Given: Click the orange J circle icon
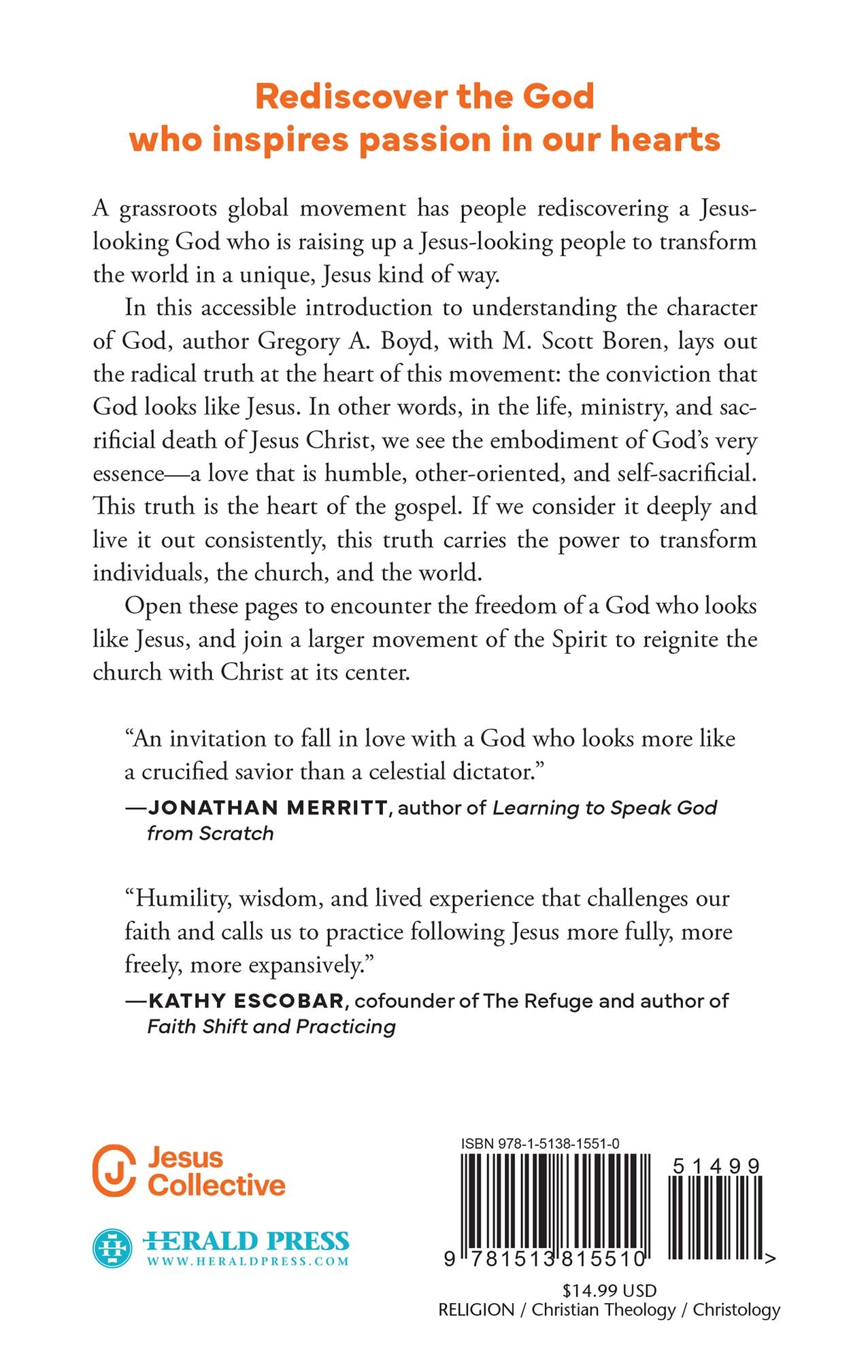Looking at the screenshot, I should click(114, 1170).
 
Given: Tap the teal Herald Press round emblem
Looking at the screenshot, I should click(112, 1248).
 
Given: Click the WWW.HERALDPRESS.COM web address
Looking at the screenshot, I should click(248, 1261).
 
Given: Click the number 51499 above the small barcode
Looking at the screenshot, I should click(716, 1166).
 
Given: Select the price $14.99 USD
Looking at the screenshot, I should click(610, 1291).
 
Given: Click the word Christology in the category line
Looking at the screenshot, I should click(736, 1310).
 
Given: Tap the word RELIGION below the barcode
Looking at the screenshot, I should click(476, 1310).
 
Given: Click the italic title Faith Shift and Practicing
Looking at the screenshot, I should click(271, 1026).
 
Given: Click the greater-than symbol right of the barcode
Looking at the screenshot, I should click(769, 1259).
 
